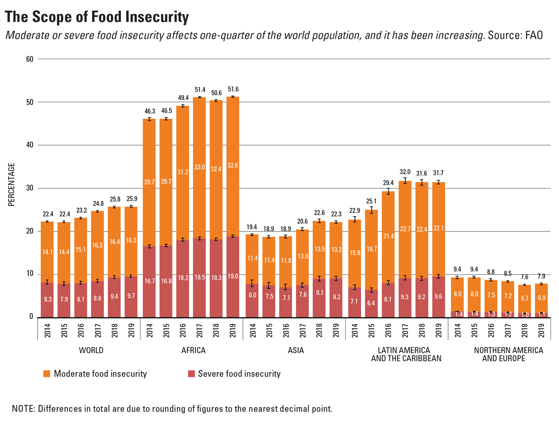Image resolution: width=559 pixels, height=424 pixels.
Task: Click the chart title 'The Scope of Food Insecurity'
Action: (x=97, y=17)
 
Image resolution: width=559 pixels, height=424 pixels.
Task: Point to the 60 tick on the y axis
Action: (x=29, y=59)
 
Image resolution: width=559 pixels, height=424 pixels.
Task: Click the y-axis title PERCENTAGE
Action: (x=12, y=185)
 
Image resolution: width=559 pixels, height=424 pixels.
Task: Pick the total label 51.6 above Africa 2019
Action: (x=233, y=88)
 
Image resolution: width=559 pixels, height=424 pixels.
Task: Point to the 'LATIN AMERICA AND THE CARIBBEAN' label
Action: (x=406, y=354)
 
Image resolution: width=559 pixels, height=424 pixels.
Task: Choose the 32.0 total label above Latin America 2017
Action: (x=404, y=171)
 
